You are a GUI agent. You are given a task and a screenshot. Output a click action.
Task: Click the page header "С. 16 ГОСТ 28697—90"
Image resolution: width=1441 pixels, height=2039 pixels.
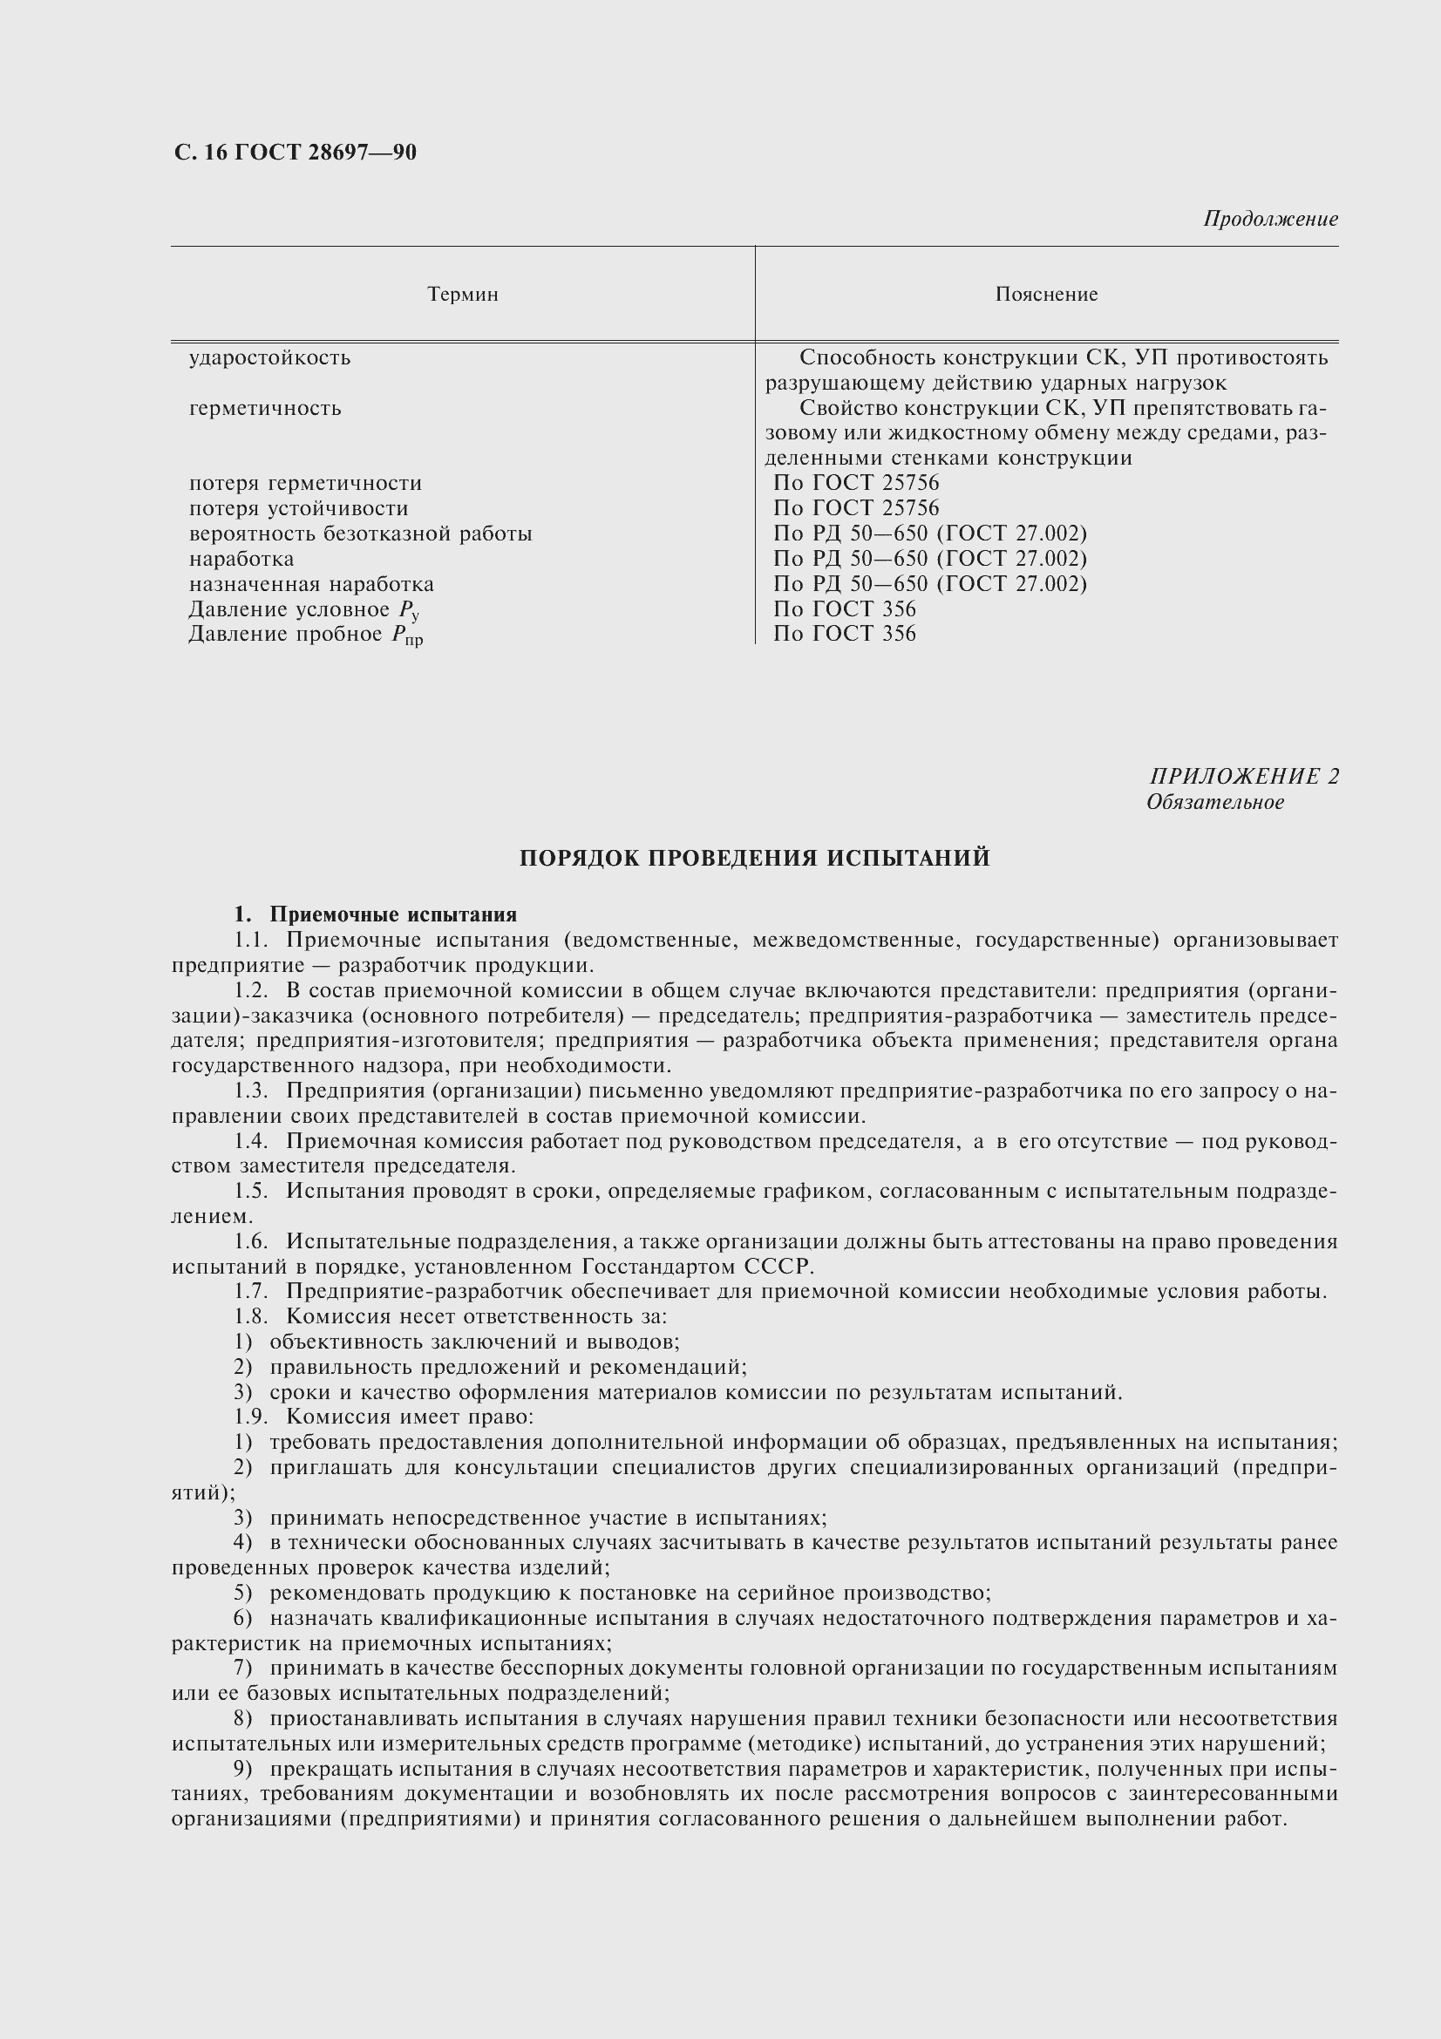tap(295, 153)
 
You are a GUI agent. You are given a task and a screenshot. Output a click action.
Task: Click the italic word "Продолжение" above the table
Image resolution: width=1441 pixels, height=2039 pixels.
tap(1269, 219)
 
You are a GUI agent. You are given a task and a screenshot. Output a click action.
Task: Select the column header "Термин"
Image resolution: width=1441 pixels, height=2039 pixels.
tap(463, 294)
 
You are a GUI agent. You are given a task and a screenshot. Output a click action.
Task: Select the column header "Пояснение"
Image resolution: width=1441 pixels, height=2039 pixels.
tap(1046, 294)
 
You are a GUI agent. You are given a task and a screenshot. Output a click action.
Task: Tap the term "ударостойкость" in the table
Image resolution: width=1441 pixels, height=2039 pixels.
tap(270, 358)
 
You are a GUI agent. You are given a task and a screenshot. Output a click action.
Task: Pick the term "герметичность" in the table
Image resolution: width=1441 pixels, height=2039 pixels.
tap(265, 409)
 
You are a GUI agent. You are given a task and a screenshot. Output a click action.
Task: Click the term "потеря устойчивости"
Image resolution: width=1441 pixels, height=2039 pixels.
tap(298, 508)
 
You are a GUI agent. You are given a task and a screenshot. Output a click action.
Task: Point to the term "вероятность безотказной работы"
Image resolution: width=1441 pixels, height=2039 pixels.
tap(361, 534)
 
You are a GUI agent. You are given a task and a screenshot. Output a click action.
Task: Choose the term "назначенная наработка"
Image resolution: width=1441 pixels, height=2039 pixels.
tap(310, 583)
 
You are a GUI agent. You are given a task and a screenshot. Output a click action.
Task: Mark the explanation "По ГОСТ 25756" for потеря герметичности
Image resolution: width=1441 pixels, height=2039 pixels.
tap(856, 483)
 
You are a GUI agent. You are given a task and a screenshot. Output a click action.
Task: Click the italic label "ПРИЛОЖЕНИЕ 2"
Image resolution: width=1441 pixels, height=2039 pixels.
tap(1244, 776)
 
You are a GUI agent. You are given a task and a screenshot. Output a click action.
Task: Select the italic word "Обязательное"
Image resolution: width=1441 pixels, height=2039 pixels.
tap(1214, 802)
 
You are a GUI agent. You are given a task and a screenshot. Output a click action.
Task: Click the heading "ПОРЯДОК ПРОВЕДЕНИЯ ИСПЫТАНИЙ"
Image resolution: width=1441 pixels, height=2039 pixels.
tap(754, 858)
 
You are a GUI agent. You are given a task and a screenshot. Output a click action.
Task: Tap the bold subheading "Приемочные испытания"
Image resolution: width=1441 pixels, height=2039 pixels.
tap(392, 914)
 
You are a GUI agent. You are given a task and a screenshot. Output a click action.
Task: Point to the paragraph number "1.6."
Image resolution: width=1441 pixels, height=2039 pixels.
tap(251, 1240)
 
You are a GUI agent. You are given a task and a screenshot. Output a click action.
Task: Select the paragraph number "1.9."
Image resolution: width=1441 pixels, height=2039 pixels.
tap(251, 1417)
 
